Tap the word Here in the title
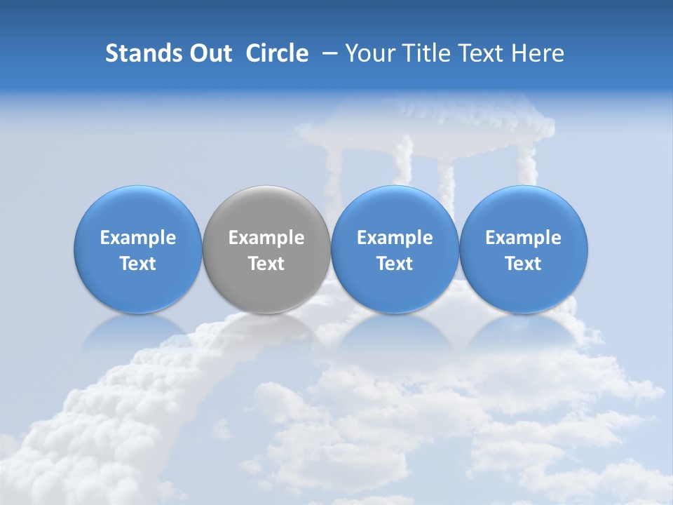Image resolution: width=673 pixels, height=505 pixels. (538, 53)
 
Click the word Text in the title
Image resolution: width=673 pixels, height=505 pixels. (482, 53)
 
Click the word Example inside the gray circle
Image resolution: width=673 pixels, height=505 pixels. (266, 238)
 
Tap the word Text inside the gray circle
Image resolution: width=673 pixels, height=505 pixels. (266, 264)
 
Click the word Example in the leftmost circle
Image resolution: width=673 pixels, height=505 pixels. (137, 238)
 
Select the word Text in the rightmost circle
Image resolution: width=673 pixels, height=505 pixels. (524, 264)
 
